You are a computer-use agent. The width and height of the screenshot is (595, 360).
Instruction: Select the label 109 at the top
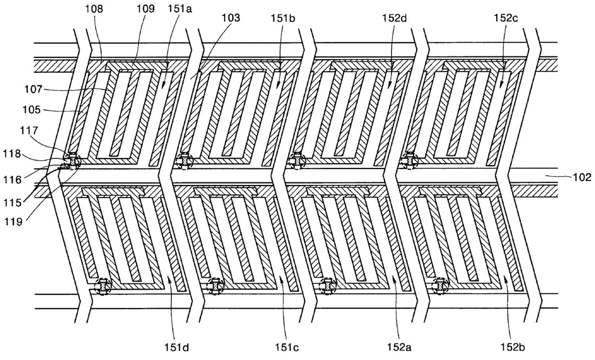click(132, 9)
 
